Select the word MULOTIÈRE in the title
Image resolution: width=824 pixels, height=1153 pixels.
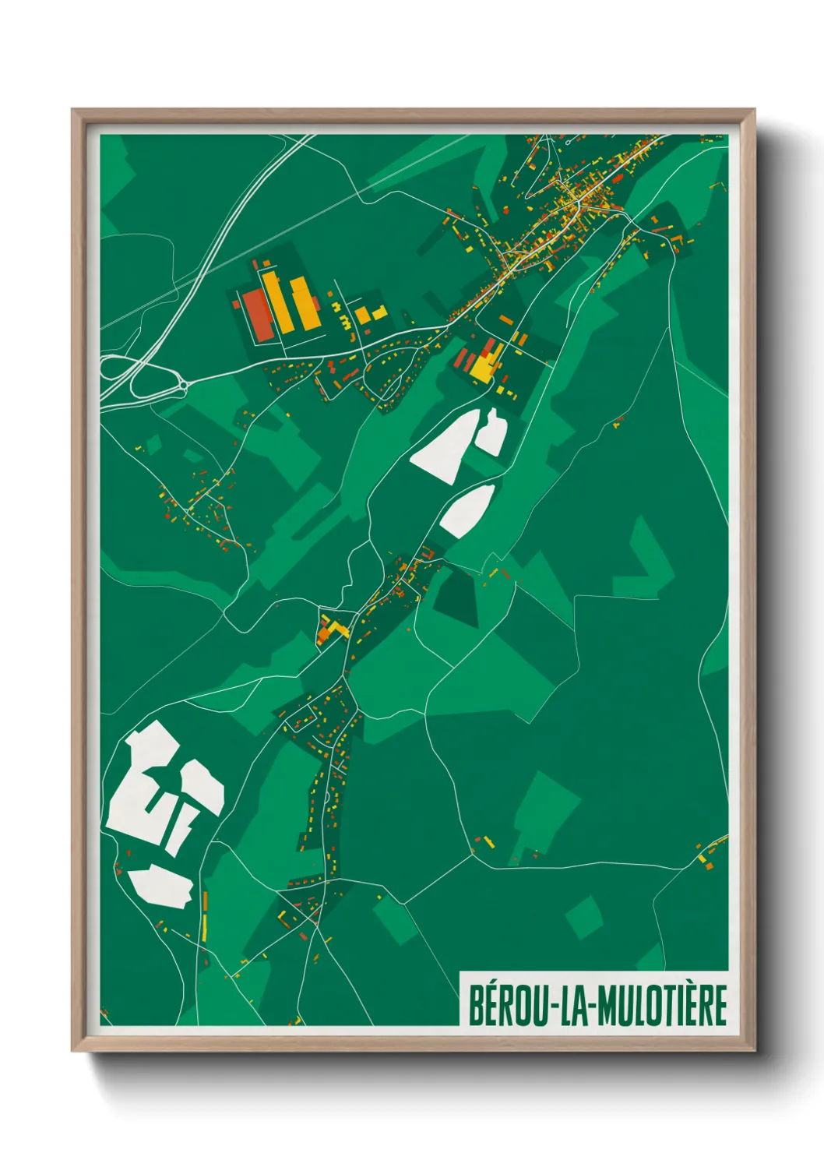coord(663,1006)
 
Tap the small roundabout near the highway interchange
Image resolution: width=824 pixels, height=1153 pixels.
coord(183,383)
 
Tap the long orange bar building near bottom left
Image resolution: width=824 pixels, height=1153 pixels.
coord(205,904)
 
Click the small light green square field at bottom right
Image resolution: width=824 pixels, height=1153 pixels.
coord(584,916)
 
